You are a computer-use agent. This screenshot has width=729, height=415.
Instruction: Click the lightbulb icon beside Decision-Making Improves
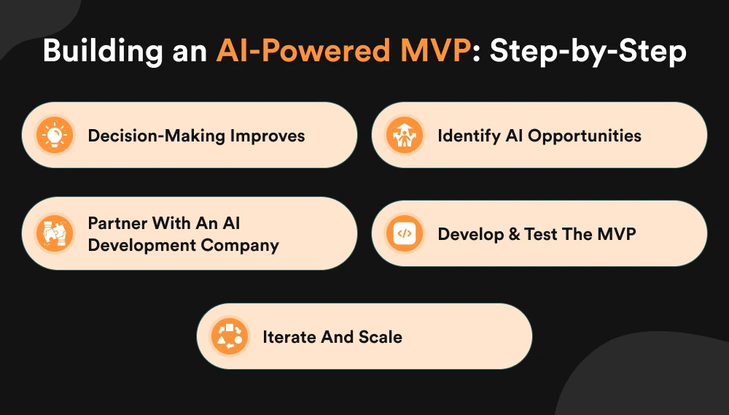tap(55, 136)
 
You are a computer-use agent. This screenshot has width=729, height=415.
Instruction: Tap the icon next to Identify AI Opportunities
tap(405, 136)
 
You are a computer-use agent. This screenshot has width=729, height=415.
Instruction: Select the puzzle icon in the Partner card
tap(55, 233)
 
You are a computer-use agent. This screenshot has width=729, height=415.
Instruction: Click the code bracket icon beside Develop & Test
tap(405, 234)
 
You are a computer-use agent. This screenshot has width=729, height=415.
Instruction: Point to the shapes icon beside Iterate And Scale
tap(230, 336)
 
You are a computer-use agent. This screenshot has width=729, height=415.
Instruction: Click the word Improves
tap(265, 136)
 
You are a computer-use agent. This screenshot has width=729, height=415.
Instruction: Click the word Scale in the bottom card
tap(381, 336)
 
